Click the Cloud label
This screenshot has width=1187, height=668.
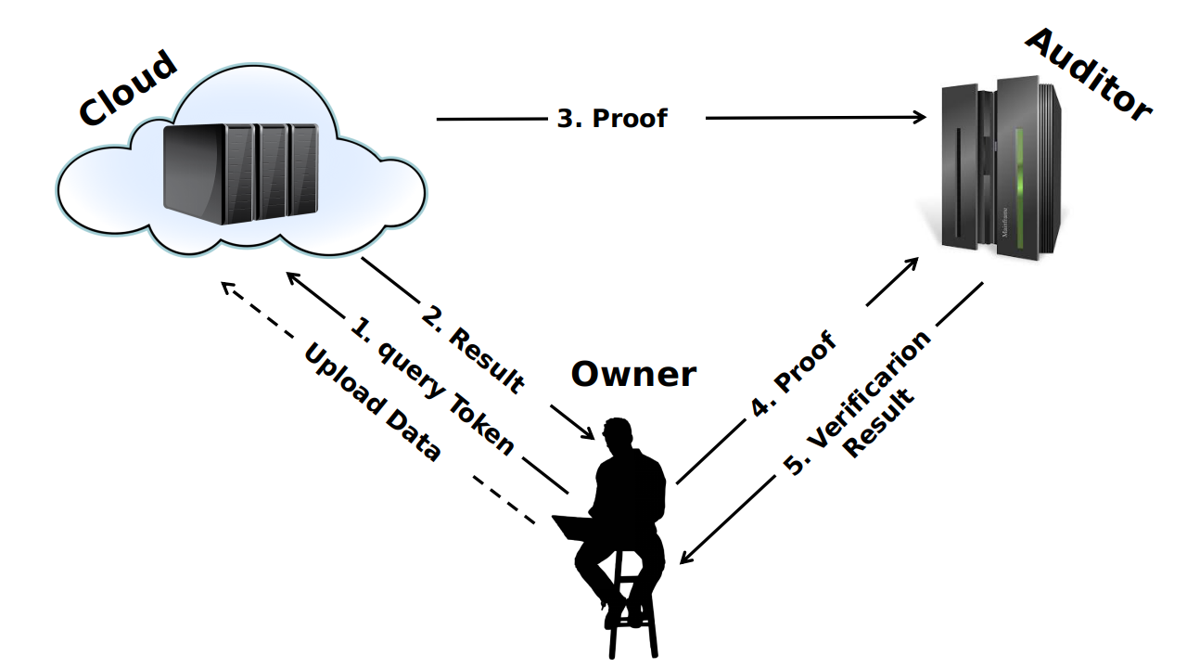[127, 89]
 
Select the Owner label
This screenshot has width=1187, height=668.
[632, 374]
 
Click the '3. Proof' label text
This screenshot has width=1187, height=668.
[611, 119]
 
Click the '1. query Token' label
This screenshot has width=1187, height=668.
[431, 386]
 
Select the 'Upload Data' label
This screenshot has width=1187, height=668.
[371, 404]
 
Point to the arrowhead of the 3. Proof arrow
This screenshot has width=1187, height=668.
[920, 117]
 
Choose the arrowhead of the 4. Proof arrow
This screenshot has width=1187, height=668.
[913, 263]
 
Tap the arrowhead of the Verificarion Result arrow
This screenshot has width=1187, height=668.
[685, 557]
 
